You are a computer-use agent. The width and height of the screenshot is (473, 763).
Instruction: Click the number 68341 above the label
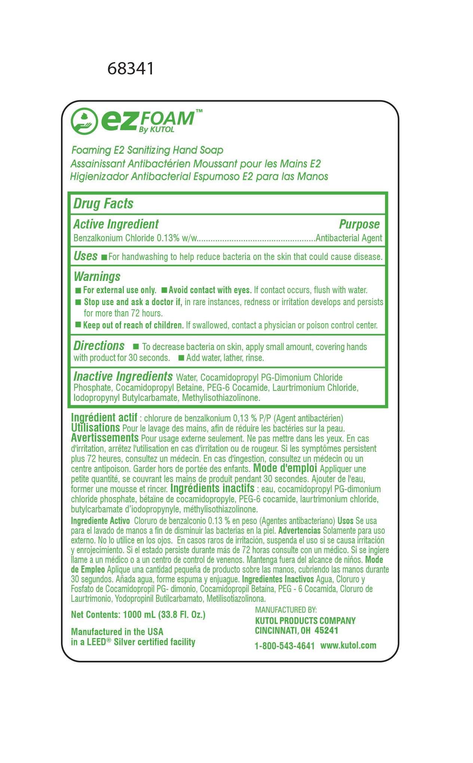131,68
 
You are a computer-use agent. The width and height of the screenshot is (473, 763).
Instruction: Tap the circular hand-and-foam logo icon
84,121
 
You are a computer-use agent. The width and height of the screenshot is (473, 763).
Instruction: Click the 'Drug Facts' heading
103,203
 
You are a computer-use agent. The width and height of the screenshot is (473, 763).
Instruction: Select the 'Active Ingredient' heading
116,224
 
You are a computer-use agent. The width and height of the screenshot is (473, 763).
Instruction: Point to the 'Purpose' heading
359,224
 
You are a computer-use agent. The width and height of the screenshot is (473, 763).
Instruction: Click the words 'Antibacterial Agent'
349,238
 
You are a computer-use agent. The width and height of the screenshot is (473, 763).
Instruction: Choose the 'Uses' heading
85,256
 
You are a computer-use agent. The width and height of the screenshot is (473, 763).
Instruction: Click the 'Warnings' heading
97,276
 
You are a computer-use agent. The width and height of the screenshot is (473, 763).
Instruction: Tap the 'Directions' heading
99,346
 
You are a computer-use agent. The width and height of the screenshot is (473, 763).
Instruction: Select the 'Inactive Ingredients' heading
123,376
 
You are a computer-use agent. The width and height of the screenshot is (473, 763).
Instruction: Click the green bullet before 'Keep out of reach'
78,325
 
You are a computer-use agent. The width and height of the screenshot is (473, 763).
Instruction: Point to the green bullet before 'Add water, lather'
181,358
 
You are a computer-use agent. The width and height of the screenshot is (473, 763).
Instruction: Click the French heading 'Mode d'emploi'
285,468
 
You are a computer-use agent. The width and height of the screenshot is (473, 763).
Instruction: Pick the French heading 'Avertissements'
105,438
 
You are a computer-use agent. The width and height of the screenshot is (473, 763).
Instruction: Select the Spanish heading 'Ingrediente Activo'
100,521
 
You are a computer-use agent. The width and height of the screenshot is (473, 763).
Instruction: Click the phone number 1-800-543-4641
284,646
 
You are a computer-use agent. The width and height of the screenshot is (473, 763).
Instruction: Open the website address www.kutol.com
348,645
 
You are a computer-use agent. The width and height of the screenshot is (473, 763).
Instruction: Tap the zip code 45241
326,631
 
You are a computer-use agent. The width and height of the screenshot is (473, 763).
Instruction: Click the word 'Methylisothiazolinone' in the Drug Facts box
221,398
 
